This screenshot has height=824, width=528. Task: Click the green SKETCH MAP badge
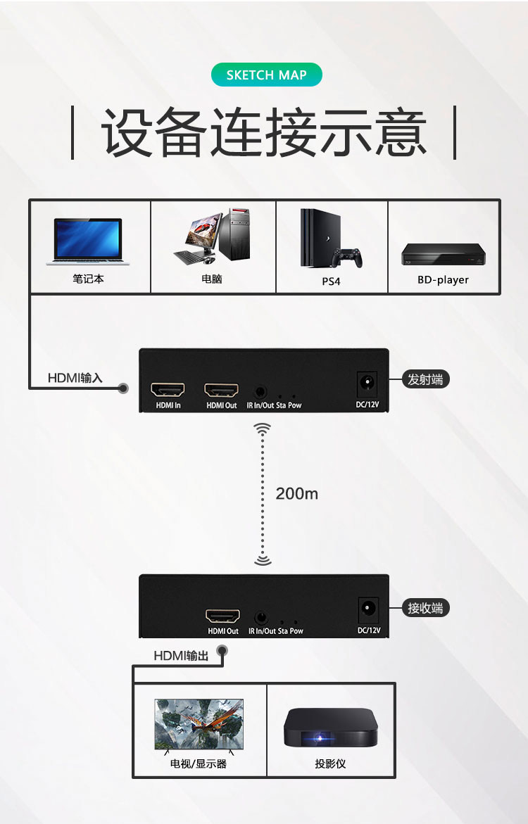pyautogui.click(x=266, y=75)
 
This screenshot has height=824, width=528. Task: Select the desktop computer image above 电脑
pyautogui.click(x=213, y=236)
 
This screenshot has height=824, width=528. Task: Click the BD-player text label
pyautogui.click(x=443, y=279)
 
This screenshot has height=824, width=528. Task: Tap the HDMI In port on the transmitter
pyautogui.click(x=168, y=390)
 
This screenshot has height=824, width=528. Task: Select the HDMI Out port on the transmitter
pyautogui.click(x=221, y=390)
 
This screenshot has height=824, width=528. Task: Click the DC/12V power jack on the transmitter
pyautogui.click(x=367, y=384)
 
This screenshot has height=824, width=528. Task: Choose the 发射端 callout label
pyautogui.click(x=425, y=379)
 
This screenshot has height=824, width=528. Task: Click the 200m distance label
pyautogui.click(x=296, y=493)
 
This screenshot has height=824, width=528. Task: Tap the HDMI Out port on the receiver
pyautogui.click(x=222, y=616)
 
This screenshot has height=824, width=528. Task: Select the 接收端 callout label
pyautogui.click(x=425, y=608)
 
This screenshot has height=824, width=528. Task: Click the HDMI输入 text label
pyautogui.click(x=75, y=378)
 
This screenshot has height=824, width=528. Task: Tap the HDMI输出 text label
pyautogui.click(x=182, y=656)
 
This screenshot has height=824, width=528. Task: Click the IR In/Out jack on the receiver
pyautogui.click(x=261, y=617)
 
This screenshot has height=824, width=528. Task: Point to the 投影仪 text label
pyautogui.click(x=330, y=763)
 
